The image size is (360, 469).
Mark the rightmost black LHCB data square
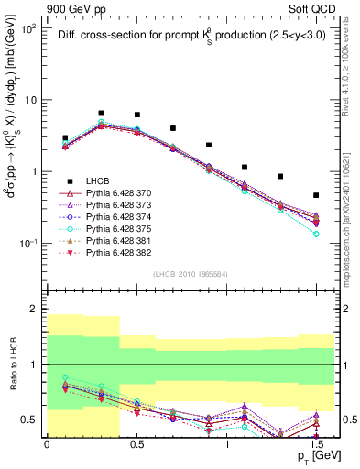point(316,195)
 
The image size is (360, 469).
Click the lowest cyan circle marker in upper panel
point(316,234)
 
